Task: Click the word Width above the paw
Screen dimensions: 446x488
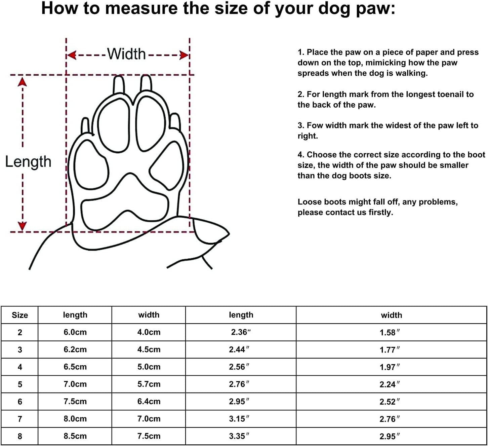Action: (126, 54)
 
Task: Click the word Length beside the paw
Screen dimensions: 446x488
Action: (28, 162)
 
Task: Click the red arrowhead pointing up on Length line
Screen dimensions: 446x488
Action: (22, 82)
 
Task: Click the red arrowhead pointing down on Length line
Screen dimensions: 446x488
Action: (22, 226)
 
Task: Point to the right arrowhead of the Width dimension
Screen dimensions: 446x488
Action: (184, 55)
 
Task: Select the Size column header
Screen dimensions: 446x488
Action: (20, 315)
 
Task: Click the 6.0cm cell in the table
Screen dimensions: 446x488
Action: (75, 332)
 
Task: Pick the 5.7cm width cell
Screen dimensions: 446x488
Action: (149, 384)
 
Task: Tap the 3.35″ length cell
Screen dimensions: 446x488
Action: (239, 436)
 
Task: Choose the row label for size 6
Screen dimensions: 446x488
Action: (20, 402)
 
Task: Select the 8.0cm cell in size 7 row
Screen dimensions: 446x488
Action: (75, 419)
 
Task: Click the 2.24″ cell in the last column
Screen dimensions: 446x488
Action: (390, 384)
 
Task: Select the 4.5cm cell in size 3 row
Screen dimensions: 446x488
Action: (149, 349)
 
